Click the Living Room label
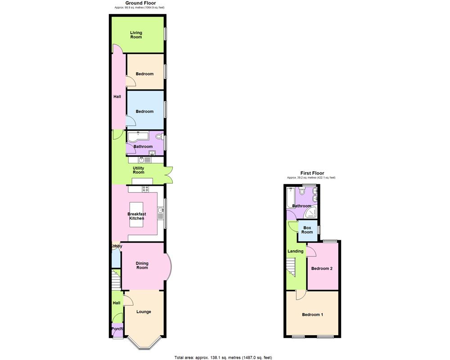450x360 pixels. click(x=136, y=35)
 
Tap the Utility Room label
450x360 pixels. click(x=138, y=170)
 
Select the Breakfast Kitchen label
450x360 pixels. click(x=136, y=216)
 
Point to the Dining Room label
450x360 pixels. click(x=142, y=265)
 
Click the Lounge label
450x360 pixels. click(x=144, y=311)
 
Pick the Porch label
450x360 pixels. click(x=117, y=328)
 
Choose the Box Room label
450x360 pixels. click(x=307, y=230)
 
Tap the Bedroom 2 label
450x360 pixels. click(x=322, y=269)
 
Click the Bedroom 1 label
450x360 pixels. click(x=312, y=315)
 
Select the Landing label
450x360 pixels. click(x=295, y=251)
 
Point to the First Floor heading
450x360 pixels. click(x=312, y=173)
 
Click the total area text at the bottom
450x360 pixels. click(x=223, y=357)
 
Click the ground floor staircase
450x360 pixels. click(x=116, y=279)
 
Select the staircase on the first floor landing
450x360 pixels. click(x=291, y=266)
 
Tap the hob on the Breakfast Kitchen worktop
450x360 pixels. click(x=145, y=189)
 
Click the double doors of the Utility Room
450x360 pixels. click(x=169, y=175)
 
